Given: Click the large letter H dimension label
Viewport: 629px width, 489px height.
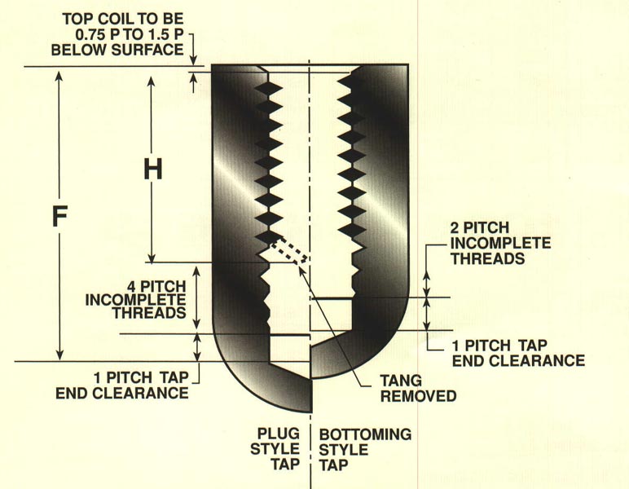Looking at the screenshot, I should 152,169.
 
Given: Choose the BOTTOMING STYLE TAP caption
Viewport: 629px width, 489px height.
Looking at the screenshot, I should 364,448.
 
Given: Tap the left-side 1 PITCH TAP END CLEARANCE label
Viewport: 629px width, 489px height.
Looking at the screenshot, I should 122,385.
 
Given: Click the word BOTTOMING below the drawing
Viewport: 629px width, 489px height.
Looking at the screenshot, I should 364,434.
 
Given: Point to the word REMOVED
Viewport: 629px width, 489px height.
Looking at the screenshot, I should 418,397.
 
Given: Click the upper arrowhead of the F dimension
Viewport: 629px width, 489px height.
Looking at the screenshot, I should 58,73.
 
